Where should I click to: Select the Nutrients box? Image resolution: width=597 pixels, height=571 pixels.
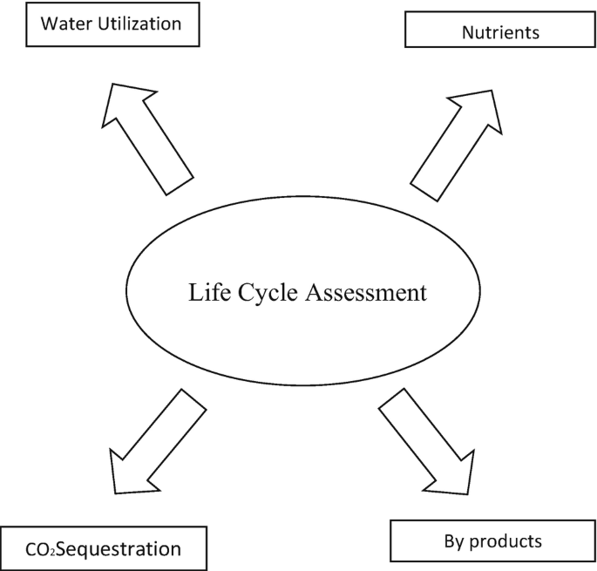[499, 33]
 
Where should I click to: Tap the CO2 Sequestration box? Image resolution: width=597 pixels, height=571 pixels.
[104, 548]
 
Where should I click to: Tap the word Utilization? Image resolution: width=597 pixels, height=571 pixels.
[139, 24]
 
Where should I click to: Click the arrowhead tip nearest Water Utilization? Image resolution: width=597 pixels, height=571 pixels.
[113, 85]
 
